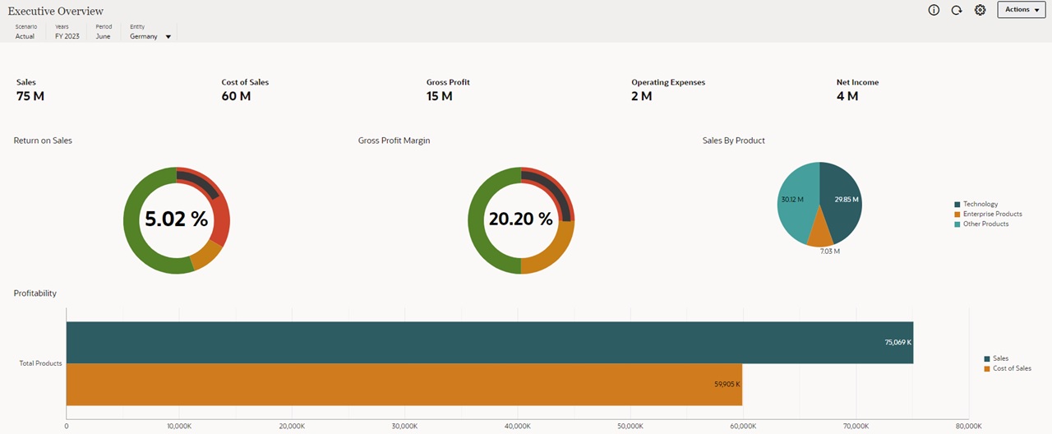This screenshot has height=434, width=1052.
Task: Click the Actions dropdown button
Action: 1022,10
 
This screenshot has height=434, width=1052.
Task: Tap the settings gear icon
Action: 980,10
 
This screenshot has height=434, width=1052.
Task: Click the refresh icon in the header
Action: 957,10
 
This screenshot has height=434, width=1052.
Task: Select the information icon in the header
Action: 934,10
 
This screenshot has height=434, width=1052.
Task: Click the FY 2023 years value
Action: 67,36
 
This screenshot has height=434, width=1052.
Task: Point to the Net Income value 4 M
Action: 847,96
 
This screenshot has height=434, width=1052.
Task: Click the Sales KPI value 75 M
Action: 30,96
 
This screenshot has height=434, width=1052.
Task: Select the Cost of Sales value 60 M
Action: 236,96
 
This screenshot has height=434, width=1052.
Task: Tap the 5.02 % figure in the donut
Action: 177,219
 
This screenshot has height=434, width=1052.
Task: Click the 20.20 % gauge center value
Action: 521,219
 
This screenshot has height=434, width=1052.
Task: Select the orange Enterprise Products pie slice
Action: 820,235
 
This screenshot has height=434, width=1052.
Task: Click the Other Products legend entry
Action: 985,224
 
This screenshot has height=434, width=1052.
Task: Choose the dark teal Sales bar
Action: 489,342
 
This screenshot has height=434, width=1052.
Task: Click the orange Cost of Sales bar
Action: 404,384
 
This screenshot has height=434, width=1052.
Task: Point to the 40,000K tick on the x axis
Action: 517,427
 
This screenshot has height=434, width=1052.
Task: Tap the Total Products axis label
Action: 40,363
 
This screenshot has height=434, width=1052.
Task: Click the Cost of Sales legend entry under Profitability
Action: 1011,368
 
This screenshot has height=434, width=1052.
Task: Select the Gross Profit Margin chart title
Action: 394,141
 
